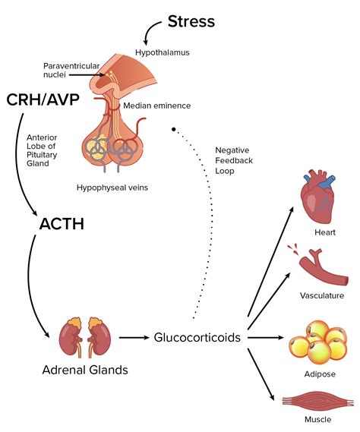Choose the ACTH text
pyautogui.click(x=63, y=225)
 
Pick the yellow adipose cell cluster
pyautogui.click(x=318, y=339)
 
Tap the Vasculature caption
pyautogui.click(x=322, y=296)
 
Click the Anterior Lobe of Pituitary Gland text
pyautogui.click(x=42, y=151)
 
